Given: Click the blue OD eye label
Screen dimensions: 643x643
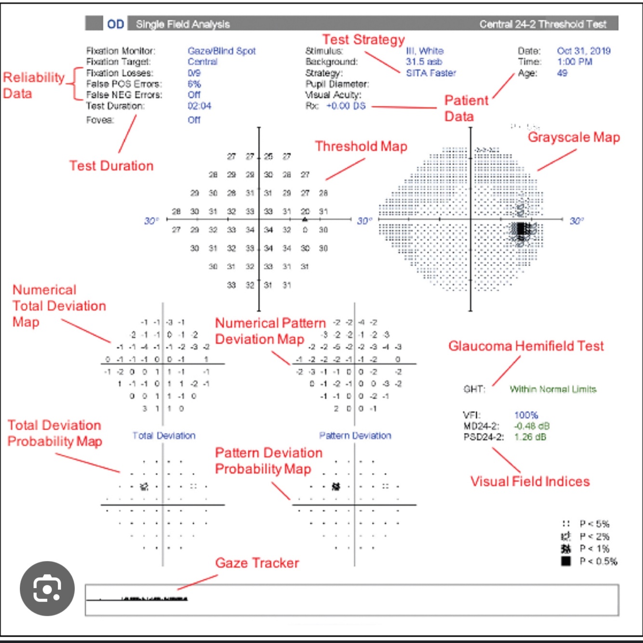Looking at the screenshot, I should pyautogui.click(x=116, y=24).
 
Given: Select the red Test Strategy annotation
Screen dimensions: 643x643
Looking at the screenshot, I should pyautogui.click(x=363, y=40).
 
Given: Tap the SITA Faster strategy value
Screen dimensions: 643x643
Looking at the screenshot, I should pyautogui.click(x=431, y=73).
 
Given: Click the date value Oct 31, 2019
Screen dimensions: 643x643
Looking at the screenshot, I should pyautogui.click(x=584, y=51).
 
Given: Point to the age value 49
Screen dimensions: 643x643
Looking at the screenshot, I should pyautogui.click(x=562, y=73).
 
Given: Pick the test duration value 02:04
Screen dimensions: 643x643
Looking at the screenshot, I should pyautogui.click(x=200, y=106).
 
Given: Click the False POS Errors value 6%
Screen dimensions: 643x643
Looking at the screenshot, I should pyautogui.click(x=194, y=84).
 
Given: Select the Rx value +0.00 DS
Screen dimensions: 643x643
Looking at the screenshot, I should pyautogui.click(x=346, y=106).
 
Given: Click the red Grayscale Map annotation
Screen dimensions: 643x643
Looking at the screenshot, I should pyautogui.click(x=574, y=137).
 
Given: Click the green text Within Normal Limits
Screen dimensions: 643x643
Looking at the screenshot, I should pyautogui.click(x=553, y=389).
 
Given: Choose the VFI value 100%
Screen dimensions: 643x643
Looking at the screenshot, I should pyautogui.click(x=526, y=415).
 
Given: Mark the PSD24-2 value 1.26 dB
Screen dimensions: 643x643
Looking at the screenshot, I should pyautogui.click(x=530, y=437).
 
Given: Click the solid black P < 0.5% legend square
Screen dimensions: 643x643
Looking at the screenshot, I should pyautogui.click(x=566, y=561).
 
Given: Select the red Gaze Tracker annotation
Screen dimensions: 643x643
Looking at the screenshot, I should pyautogui.click(x=257, y=563).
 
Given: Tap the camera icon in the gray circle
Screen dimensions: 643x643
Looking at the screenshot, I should pyautogui.click(x=47, y=589).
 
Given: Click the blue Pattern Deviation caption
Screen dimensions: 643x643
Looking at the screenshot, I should pyautogui.click(x=355, y=436).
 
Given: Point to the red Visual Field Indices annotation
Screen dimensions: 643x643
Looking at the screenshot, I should pyautogui.click(x=530, y=482).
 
